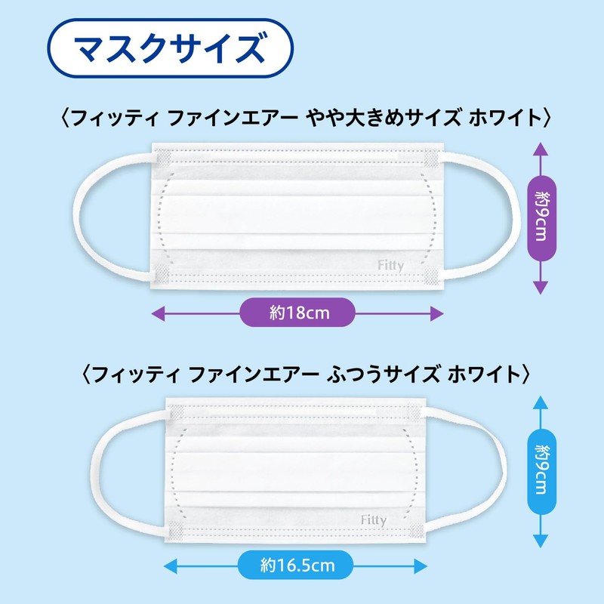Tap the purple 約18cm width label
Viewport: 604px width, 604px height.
297,312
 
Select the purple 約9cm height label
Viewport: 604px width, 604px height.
540,214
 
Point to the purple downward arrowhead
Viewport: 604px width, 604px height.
540,287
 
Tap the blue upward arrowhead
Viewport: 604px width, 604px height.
540,402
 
